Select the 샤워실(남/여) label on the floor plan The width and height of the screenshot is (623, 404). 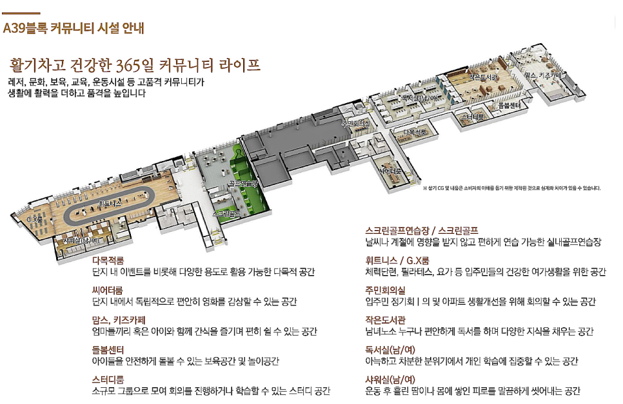(81, 240)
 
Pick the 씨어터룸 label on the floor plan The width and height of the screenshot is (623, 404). (391, 171)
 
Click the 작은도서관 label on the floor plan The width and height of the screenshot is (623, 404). (484, 77)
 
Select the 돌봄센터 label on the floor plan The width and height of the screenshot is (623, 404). (509, 104)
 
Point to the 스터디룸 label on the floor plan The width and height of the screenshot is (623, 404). (472, 117)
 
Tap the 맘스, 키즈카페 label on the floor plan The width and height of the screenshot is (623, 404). (544, 76)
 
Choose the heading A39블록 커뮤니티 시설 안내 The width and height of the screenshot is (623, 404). (74, 28)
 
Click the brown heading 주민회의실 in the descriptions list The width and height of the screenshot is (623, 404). (385, 291)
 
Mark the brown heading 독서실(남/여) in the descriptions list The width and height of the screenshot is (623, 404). (390, 350)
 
